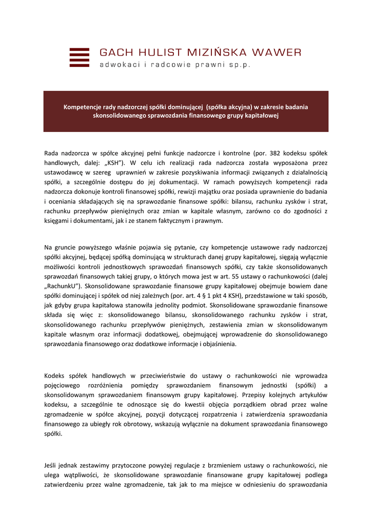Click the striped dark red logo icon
click(79, 58)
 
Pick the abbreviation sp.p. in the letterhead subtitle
click(240, 65)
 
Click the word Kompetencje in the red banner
click(81, 107)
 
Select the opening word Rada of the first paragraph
click(51, 153)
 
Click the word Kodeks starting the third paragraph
click(55, 376)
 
